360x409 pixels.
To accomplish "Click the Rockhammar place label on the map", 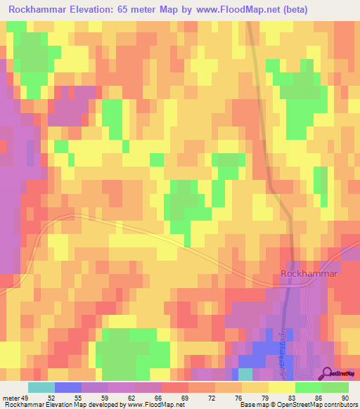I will (x=309, y=273).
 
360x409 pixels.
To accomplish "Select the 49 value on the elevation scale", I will (x=26, y=397).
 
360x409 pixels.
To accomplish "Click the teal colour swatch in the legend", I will (x=41, y=387).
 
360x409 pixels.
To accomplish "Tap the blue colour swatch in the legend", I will (x=67, y=387).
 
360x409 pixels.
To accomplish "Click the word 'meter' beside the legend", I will (x=11, y=397).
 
